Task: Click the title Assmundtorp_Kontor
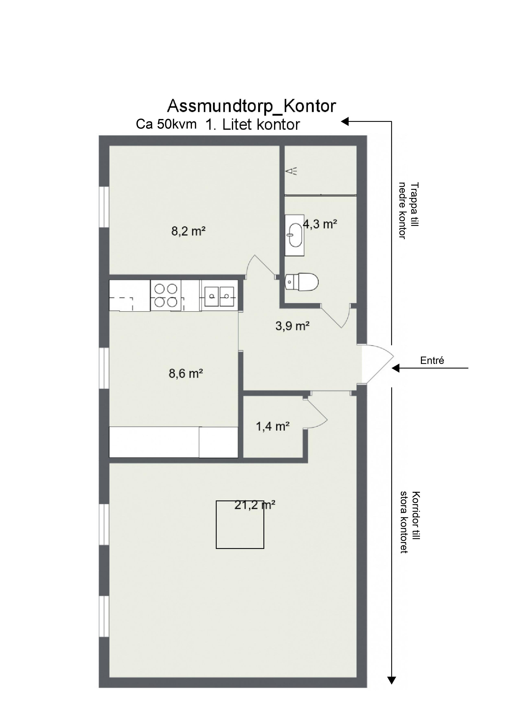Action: click(251, 106)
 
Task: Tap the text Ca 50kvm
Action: click(166, 124)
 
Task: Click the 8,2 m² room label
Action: click(188, 231)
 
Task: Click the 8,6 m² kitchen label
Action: click(186, 373)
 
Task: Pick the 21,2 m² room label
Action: click(255, 505)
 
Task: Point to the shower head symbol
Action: click(291, 171)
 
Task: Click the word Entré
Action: click(432, 361)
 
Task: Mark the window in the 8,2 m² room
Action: click(104, 207)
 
